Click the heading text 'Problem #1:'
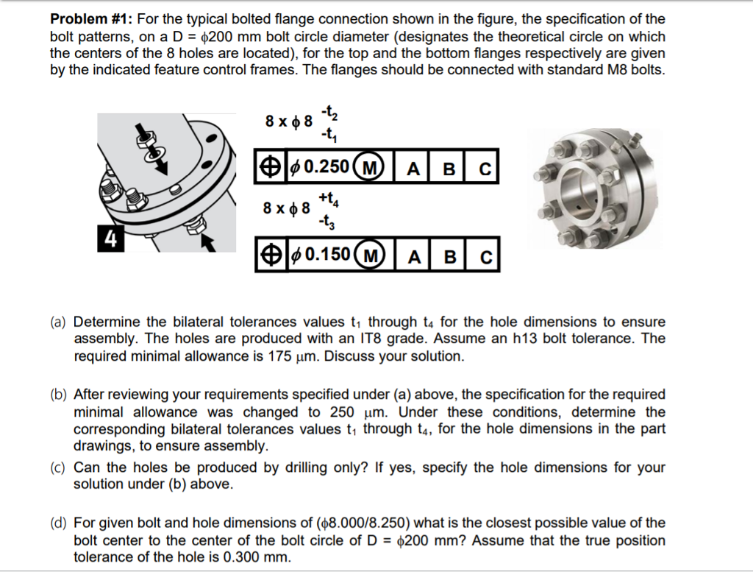coord(90,19)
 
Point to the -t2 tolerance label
coord(328,114)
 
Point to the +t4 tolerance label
coord(328,198)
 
